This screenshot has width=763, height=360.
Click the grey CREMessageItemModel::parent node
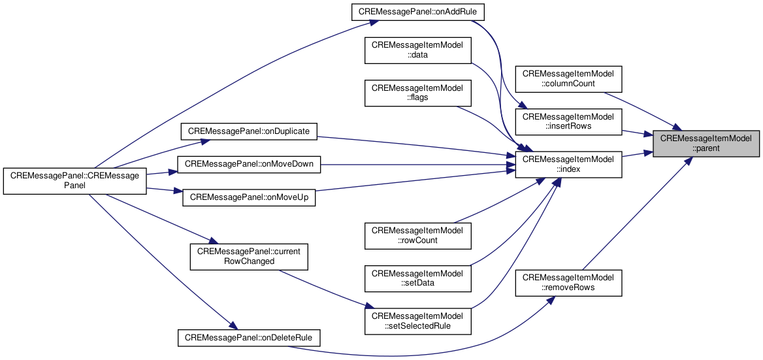(x=706, y=144)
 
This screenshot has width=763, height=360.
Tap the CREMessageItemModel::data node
(x=418, y=50)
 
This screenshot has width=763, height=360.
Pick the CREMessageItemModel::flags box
(x=418, y=93)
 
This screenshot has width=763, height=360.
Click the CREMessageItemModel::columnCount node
(x=569, y=78)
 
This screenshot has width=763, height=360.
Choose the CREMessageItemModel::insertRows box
(x=569, y=121)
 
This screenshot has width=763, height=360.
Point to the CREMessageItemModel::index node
(x=569, y=165)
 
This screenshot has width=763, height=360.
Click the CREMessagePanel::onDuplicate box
(x=249, y=131)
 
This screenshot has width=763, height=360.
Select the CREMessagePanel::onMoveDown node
(x=249, y=165)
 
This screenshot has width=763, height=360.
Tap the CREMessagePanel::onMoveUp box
(x=249, y=197)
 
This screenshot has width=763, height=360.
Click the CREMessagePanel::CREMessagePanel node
(x=75, y=181)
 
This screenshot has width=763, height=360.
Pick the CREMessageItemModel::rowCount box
(x=418, y=236)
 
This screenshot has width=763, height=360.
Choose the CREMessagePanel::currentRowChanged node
(x=249, y=256)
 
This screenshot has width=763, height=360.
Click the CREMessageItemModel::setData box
(x=418, y=278)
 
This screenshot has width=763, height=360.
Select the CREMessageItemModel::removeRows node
(x=569, y=283)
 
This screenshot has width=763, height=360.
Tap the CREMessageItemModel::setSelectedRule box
(x=418, y=321)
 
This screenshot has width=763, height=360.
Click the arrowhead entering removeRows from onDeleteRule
(x=550, y=300)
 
